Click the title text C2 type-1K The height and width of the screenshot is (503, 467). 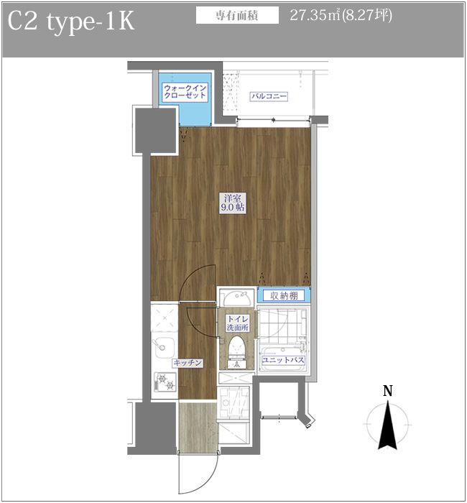click(x=70, y=22)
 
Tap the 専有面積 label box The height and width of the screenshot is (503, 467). click(x=237, y=16)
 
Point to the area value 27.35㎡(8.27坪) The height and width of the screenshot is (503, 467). click(x=341, y=15)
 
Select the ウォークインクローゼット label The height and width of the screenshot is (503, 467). click(x=185, y=92)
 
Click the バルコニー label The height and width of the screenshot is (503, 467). click(x=269, y=96)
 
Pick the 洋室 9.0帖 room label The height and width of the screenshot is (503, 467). click(x=233, y=203)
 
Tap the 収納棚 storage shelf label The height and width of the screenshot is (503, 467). click(x=284, y=295)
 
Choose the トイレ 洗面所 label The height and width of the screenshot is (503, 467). click(x=238, y=323)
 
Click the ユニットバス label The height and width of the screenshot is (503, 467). click(x=282, y=360)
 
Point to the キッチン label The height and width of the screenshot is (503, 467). click(x=188, y=363)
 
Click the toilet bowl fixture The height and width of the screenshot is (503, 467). click(x=236, y=349)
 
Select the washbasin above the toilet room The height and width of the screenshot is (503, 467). click(x=237, y=298)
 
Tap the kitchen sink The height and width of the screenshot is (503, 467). click(x=164, y=348)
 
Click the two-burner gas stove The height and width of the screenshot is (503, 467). click(x=165, y=382)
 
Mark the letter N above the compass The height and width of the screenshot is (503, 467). click(x=388, y=391)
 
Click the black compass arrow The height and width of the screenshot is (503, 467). click(x=388, y=424)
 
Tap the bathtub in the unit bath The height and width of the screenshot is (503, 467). click(x=282, y=359)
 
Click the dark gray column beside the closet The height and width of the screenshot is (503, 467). click(x=156, y=131)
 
